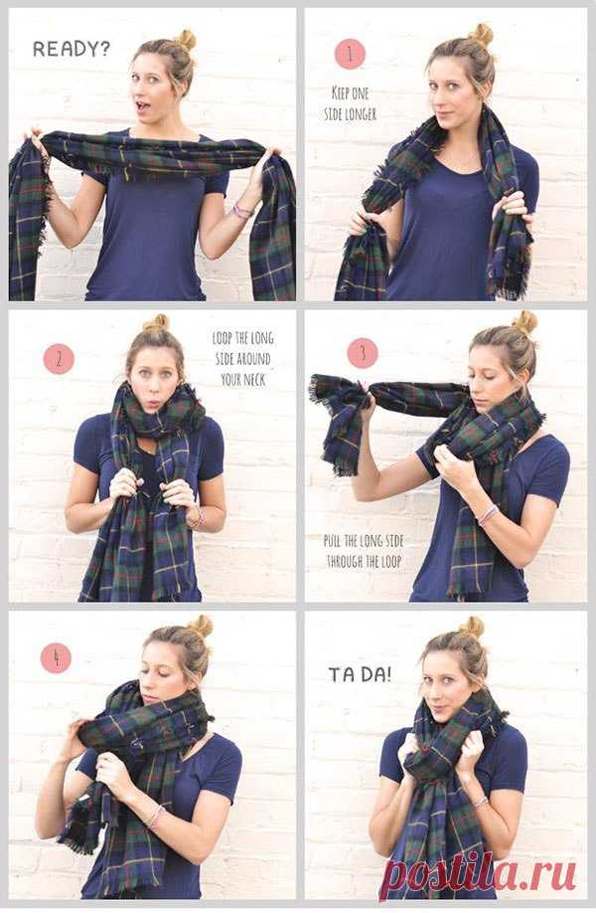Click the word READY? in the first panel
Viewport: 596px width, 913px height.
pyautogui.click(x=72, y=49)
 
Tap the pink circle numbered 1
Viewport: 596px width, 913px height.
pyautogui.click(x=350, y=54)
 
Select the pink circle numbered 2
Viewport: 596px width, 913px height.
pyautogui.click(x=59, y=359)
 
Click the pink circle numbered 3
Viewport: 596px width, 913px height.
pyautogui.click(x=363, y=353)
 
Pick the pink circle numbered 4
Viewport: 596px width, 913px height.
pyautogui.click(x=56, y=658)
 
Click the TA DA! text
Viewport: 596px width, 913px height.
pyautogui.click(x=360, y=675)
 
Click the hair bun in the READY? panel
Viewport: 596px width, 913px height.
pyautogui.click(x=187, y=40)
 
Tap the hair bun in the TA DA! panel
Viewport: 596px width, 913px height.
pyautogui.click(x=472, y=628)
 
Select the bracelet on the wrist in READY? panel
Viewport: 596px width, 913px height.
pyautogui.click(x=241, y=210)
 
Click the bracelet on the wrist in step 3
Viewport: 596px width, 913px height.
pyautogui.click(x=488, y=515)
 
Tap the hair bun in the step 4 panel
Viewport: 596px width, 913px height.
pyautogui.click(x=202, y=627)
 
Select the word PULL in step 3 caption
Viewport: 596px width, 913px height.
pyautogui.click(x=333, y=541)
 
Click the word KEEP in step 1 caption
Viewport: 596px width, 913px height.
pyautogui.click(x=342, y=93)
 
